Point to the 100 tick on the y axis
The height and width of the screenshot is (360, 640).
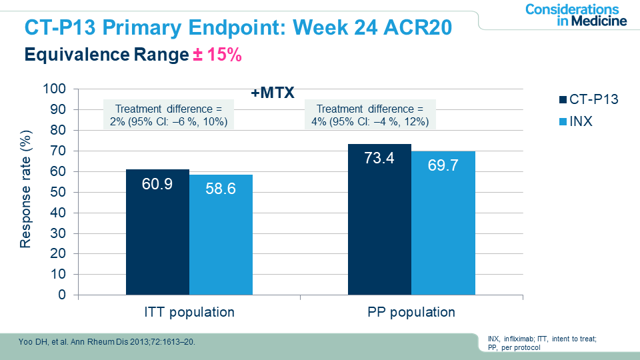click(55, 89)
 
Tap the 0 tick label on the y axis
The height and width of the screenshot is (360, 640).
click(63, 295)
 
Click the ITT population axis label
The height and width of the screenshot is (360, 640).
click(189, 312)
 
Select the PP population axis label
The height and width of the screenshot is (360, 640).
click(411, 312)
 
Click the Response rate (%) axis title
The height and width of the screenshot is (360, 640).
click(25, 192)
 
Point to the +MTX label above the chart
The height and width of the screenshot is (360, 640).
click(273, 93)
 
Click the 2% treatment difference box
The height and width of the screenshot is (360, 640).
click(167, 115)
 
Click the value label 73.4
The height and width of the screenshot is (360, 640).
click(379, 159)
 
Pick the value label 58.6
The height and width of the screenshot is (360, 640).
click(221, 189)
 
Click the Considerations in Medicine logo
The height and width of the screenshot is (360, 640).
click(576, 15)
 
